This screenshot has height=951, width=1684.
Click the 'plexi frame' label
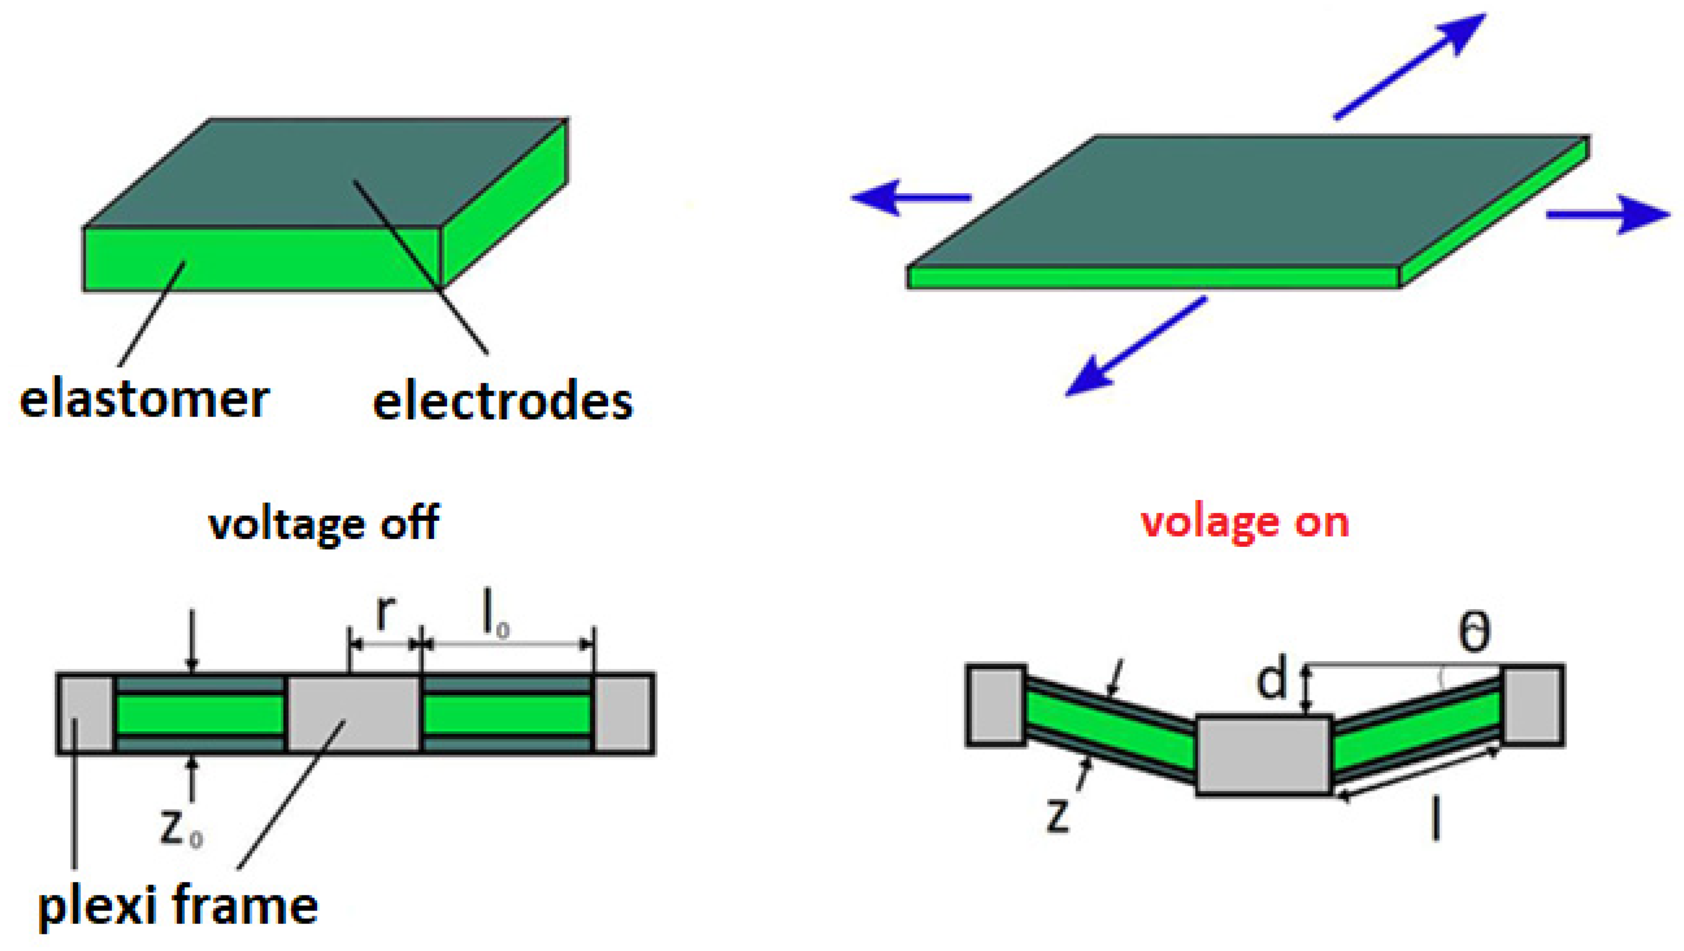click(178, 907)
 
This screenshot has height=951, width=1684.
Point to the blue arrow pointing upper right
click(1412, 65)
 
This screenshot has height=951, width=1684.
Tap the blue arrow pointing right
click(1608, 215)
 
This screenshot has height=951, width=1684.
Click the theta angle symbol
click(1475, 632)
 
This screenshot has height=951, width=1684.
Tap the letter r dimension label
click(386, 613)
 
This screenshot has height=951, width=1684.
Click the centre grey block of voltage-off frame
click(353, 714)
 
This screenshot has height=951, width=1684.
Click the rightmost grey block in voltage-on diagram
click(1533, 705)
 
